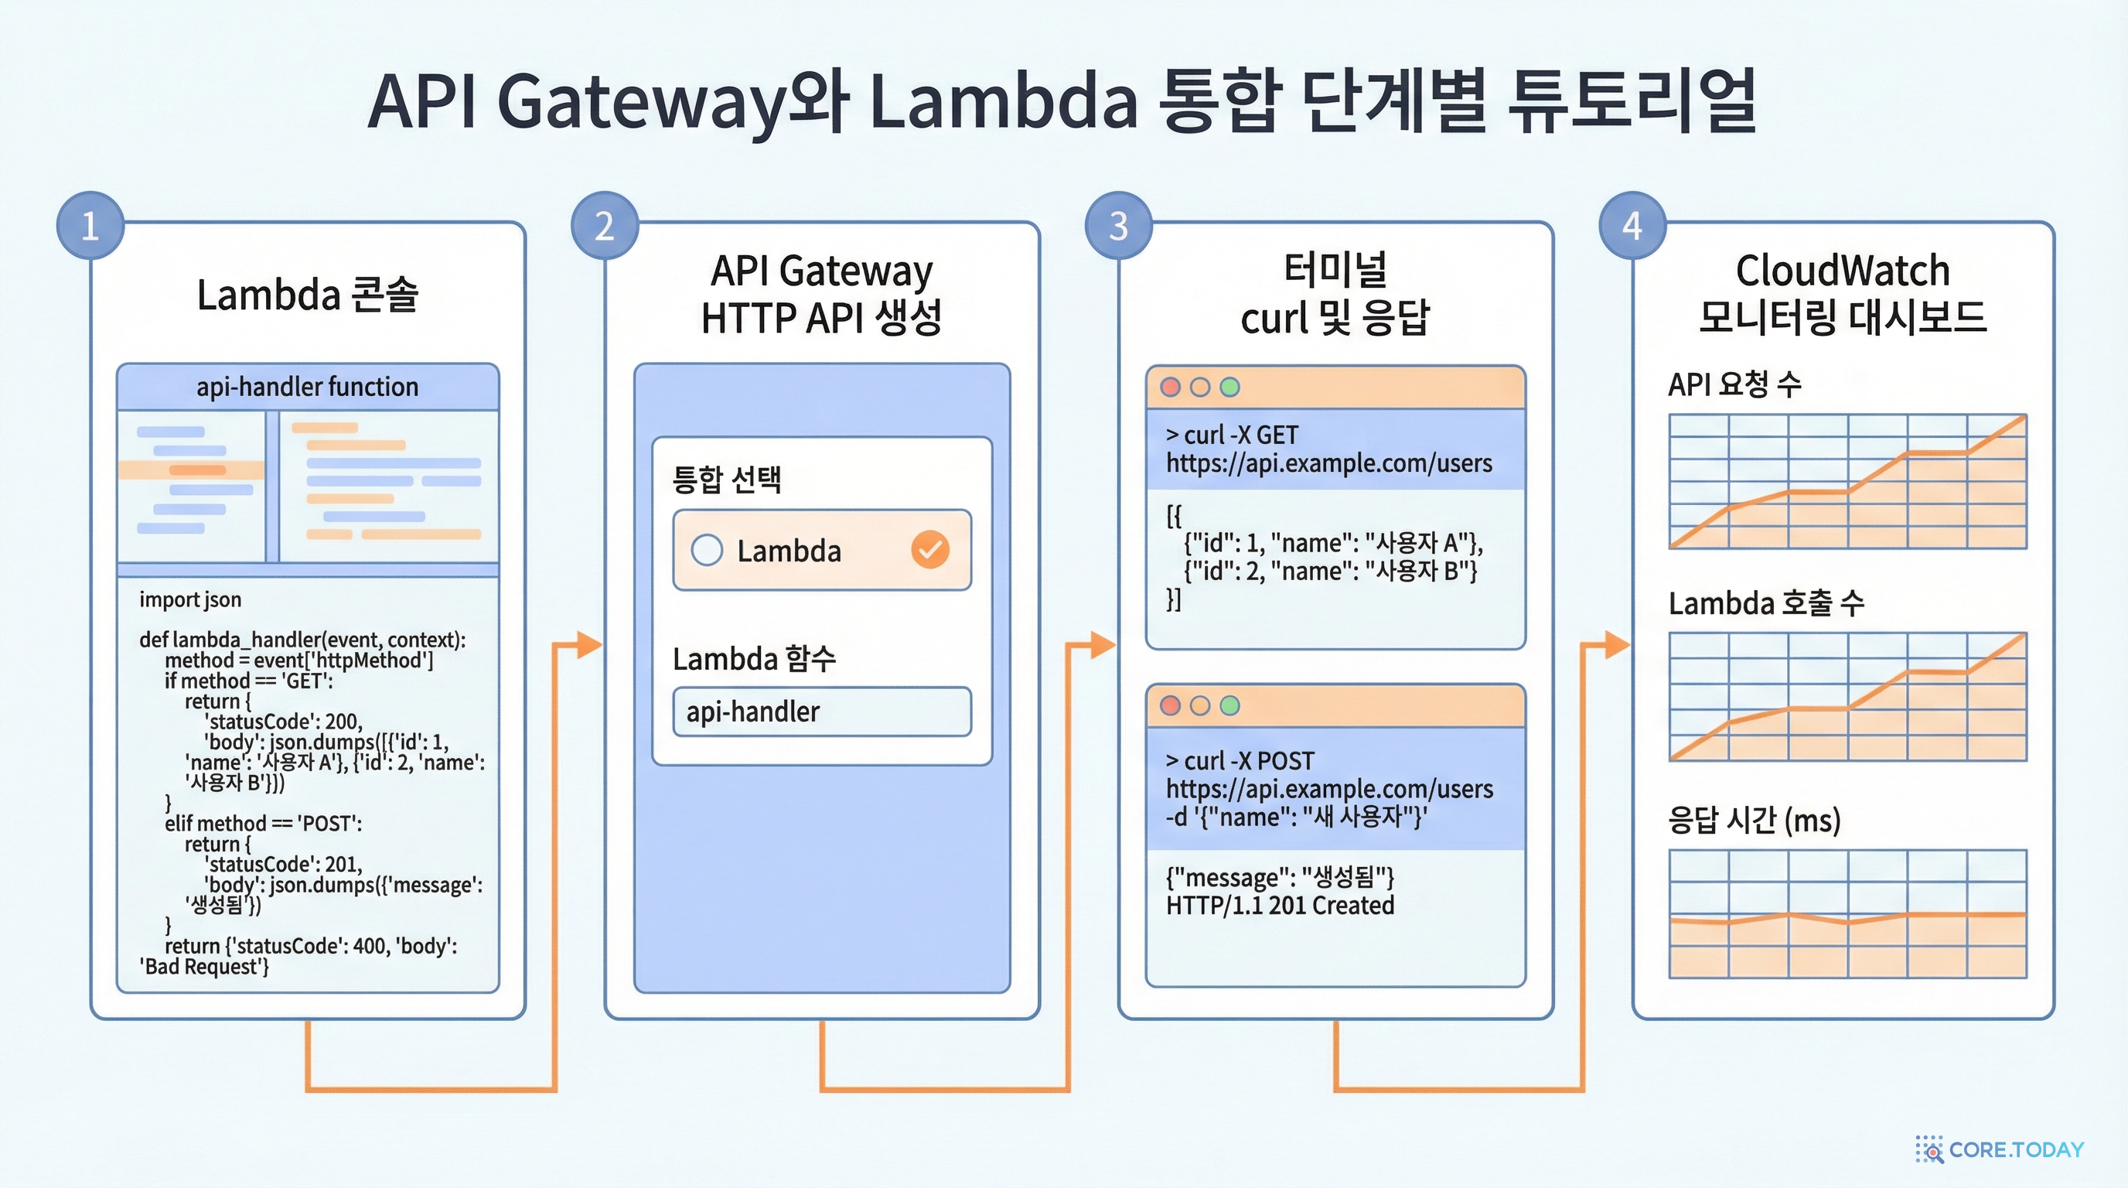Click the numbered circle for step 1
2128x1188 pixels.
90,226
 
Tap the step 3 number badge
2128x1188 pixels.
1119,226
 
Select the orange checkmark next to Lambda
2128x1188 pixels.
930,549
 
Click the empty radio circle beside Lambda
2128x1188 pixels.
707,549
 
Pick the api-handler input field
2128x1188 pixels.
822,712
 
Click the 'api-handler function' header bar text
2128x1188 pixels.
307,387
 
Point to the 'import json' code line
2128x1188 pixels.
190,599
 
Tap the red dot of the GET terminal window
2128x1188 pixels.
1170,387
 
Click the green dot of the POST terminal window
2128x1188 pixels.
1230,705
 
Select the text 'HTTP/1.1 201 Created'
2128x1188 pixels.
1280,906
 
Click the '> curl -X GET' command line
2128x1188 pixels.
1232,435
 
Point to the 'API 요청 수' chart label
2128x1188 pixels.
1734,384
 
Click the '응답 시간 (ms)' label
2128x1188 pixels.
1754,821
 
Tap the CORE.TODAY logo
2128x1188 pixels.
2000,1149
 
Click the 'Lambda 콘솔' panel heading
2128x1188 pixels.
307,295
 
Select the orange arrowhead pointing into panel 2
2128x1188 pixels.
589,644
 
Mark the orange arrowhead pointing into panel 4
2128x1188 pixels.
1618,644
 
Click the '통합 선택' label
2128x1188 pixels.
727,480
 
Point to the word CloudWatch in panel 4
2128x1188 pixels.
1842,270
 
